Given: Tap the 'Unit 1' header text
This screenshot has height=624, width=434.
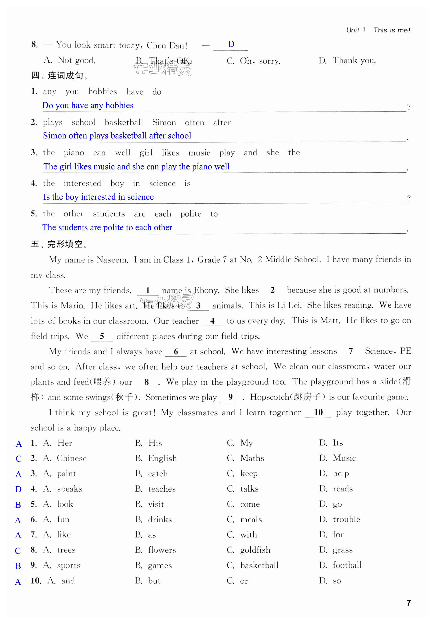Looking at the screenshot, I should pyautogui.click(x=355, y=30).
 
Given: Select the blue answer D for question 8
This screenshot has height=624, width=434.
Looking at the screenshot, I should pyautogui.click(x=231, y=44).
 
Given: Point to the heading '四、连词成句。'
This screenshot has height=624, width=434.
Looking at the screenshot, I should pyautogui.click(x=59, y=76).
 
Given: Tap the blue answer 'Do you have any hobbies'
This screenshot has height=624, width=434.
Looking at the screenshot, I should pyautogui.click(x=88, y=105).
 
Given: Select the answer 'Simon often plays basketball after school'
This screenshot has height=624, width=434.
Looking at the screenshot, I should pyautogui.click(x=117, y=136).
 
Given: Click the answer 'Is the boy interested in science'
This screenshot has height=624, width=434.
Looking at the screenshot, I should pyautogui.click(x=98, y=197).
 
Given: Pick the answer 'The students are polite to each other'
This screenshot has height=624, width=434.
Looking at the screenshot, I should pyautogui.click(x=107, y=227).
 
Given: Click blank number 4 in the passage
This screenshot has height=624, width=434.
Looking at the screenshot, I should pyautogui.click(x=212, y=321).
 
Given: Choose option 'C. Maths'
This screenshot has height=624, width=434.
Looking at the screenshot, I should pyautogui.click(x=245, y=458).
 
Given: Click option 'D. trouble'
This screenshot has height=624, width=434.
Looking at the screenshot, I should pyautogui.click(x=340, y=519).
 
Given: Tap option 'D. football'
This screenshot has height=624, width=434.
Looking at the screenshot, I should pyautogui.click(x=340, y=565).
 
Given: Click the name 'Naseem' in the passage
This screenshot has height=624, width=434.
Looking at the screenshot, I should pyautogui.click(x=112, y=260).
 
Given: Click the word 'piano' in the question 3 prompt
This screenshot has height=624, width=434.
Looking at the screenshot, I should pyautogui.click(x=74, y=153).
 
